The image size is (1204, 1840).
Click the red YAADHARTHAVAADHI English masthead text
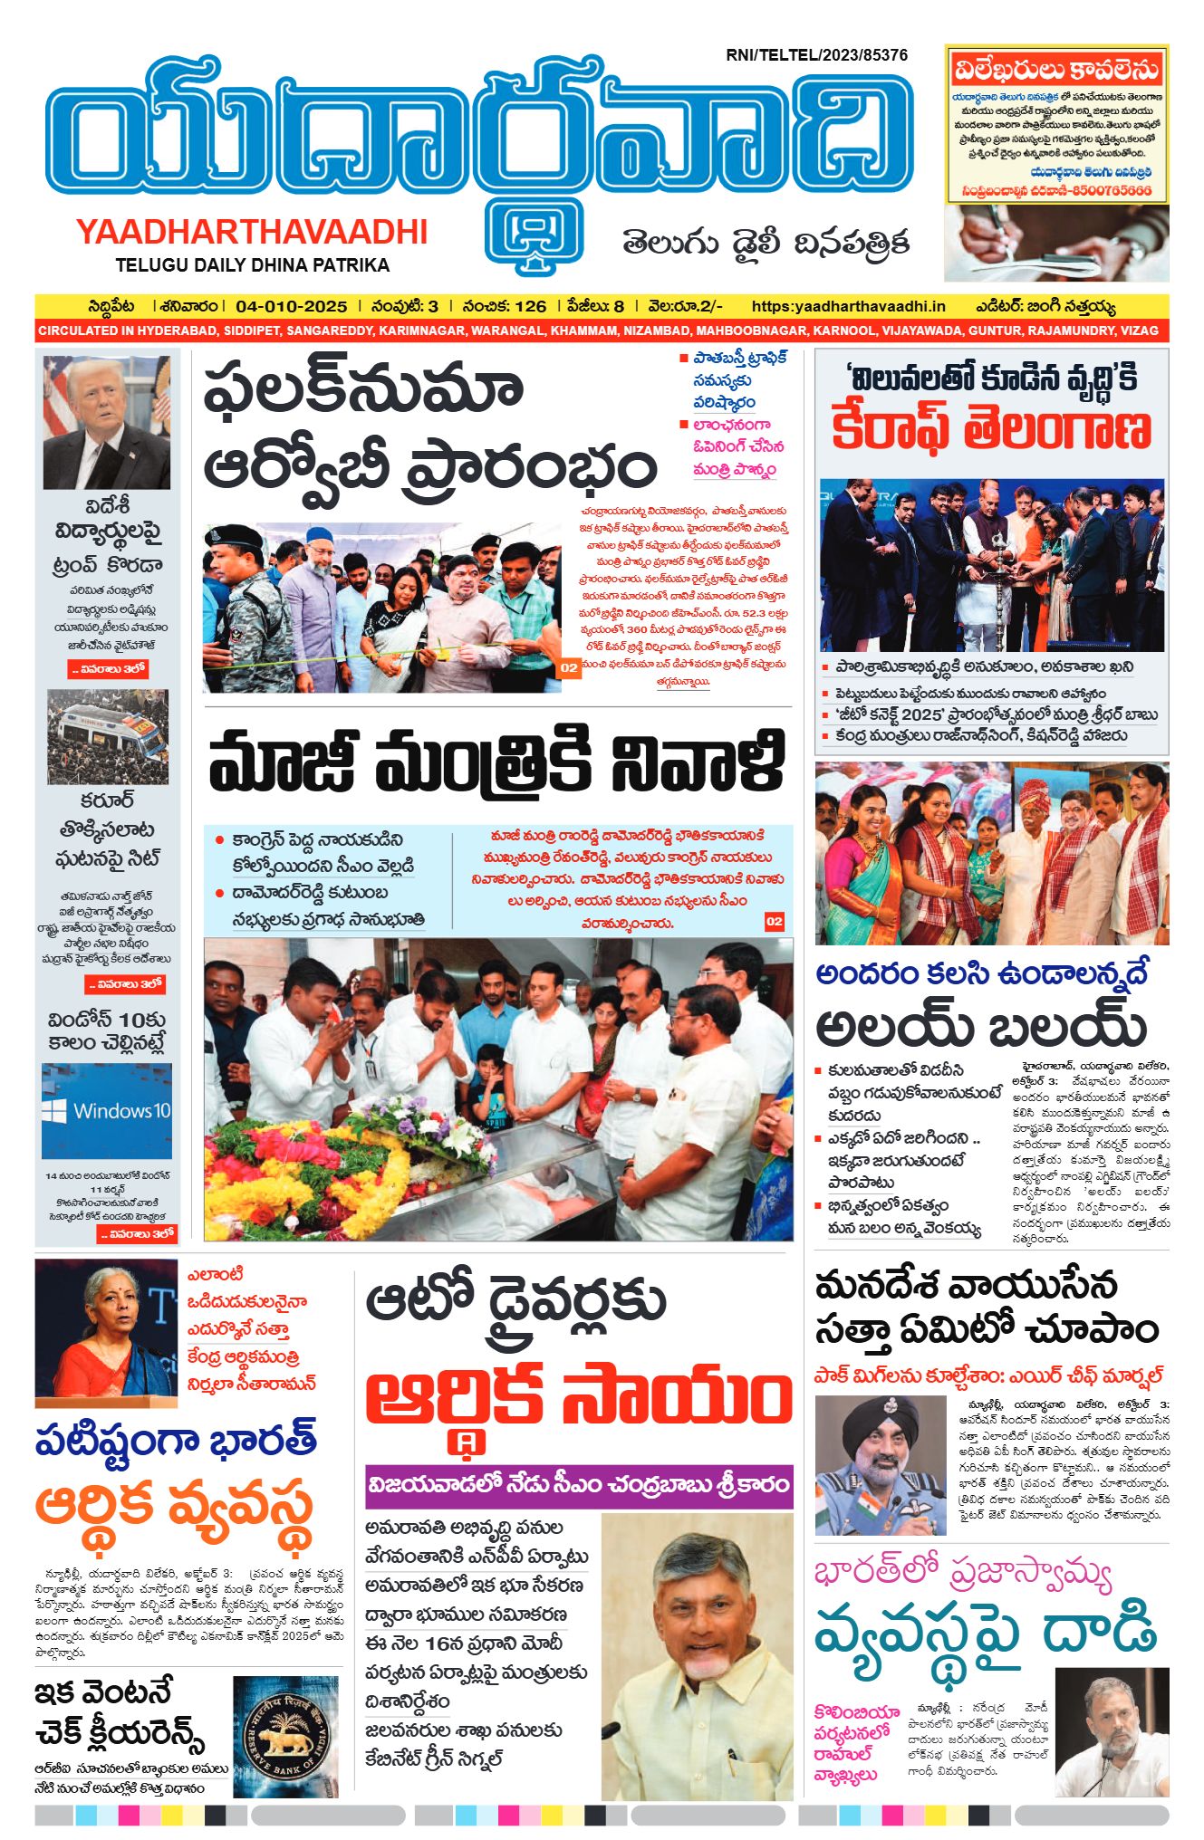click(x=252, y=232)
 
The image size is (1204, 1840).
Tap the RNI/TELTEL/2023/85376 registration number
click(x=816, y=55)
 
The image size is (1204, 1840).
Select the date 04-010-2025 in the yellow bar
click(x=291, y=306)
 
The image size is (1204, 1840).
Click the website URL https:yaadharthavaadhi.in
click(x=848, y=306)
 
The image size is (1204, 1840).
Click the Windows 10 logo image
click(x=107, y=1110)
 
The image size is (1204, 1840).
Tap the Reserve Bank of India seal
click(x=285, y=1736)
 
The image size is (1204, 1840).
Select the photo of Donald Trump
click(x=107, y=421)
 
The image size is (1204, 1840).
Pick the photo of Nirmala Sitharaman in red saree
click(x=107, y=1327)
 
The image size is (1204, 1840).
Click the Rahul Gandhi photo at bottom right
click(x=1112, y=1731)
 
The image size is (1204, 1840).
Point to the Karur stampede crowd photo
click(x=107, y=736)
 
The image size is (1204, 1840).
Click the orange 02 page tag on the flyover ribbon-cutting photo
click(x=568, y=668)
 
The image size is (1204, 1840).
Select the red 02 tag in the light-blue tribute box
click(x=774, y=921)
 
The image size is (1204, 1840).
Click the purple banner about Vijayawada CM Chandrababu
click(x=579, y=1486)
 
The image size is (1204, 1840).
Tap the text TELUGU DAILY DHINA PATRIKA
click(x=252, y=265)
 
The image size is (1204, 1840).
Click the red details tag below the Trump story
click(x=107, y=669)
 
